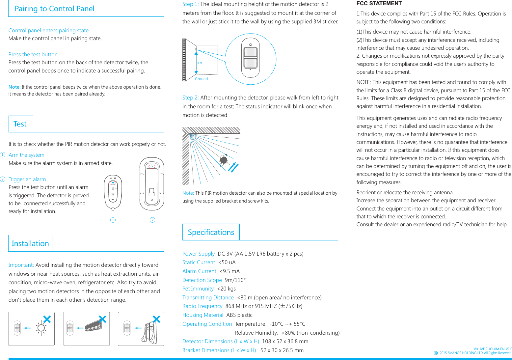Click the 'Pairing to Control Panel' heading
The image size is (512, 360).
click(x=54, y=9)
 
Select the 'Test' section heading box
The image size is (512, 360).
click(x=20, y=124)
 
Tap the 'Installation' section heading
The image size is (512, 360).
click(x=30, y=243)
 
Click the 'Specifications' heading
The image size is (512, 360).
click(x=211, y=232)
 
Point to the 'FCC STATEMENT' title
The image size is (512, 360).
click(x=379, y=4)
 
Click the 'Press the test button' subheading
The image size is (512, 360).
click(x=33, y=54)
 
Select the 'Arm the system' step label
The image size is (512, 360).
click(x=26, y=155)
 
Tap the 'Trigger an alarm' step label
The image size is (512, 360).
click(x=27, y=179)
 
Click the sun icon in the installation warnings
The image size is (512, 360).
click(x=41, y=328)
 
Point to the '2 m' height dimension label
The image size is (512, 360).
click(x=200, y=63)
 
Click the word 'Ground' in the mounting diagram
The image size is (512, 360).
click(x=201, y=79)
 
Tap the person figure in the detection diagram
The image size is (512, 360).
click(x=224, y=160)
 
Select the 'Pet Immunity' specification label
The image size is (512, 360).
click(x=198, y=289)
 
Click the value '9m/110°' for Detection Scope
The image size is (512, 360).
click(x=235, y=280)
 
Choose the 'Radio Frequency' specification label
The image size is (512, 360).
click(x=202, y=306)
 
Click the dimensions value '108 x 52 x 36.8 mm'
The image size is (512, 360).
click(x=285, y=341)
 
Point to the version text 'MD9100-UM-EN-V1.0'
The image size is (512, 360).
click(x=496, y=349)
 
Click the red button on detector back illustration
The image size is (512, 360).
click(x=152, y=167)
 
